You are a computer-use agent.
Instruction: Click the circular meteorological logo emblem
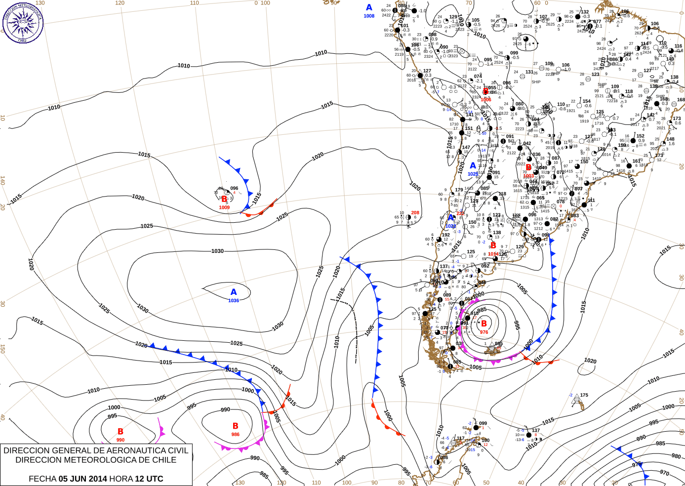tap(22, 22)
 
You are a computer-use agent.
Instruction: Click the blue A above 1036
tap(234, 292)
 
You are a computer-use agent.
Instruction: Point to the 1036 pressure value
tap(234, 300)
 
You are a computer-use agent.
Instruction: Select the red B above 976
tap(484, 324)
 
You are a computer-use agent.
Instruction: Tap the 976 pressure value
tap(484, 332)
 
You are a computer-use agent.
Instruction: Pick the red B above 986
tap(236, 426)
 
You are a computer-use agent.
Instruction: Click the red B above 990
tap(121, 432)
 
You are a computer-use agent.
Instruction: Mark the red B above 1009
tap(224, 199)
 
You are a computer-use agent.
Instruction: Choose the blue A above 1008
tap(369, 7)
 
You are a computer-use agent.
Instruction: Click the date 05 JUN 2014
tap(82, 479)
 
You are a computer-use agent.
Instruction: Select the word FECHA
tap(42, 479)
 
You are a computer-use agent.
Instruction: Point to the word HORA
tap(121, 479)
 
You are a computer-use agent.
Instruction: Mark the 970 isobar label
tap(665, 473)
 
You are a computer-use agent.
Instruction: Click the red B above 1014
tap(493, 245)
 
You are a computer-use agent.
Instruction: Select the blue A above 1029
tap(473, 166)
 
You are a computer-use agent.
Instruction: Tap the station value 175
tap(584, 395)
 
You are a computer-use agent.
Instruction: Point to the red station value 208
tap(415, 213)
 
